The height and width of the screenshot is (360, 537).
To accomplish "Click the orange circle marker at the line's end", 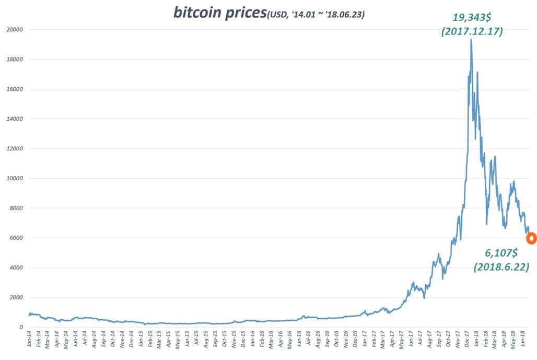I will pos(531,238).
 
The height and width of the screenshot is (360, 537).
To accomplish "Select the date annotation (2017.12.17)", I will pos(472,31).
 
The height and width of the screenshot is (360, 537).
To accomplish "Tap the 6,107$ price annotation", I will pos(501,253).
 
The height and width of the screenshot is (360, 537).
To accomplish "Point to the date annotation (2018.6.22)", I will pos(501,267).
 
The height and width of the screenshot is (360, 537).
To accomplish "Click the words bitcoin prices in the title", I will pos(219,12).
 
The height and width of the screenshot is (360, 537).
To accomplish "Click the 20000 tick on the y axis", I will pos(15,30).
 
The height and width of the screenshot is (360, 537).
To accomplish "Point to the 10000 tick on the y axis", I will pos(15,179).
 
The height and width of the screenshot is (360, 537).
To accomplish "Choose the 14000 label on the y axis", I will pos(15,119).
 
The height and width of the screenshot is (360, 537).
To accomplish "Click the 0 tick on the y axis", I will pos(21,328).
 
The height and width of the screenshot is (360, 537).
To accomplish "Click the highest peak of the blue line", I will pos(471,40).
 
